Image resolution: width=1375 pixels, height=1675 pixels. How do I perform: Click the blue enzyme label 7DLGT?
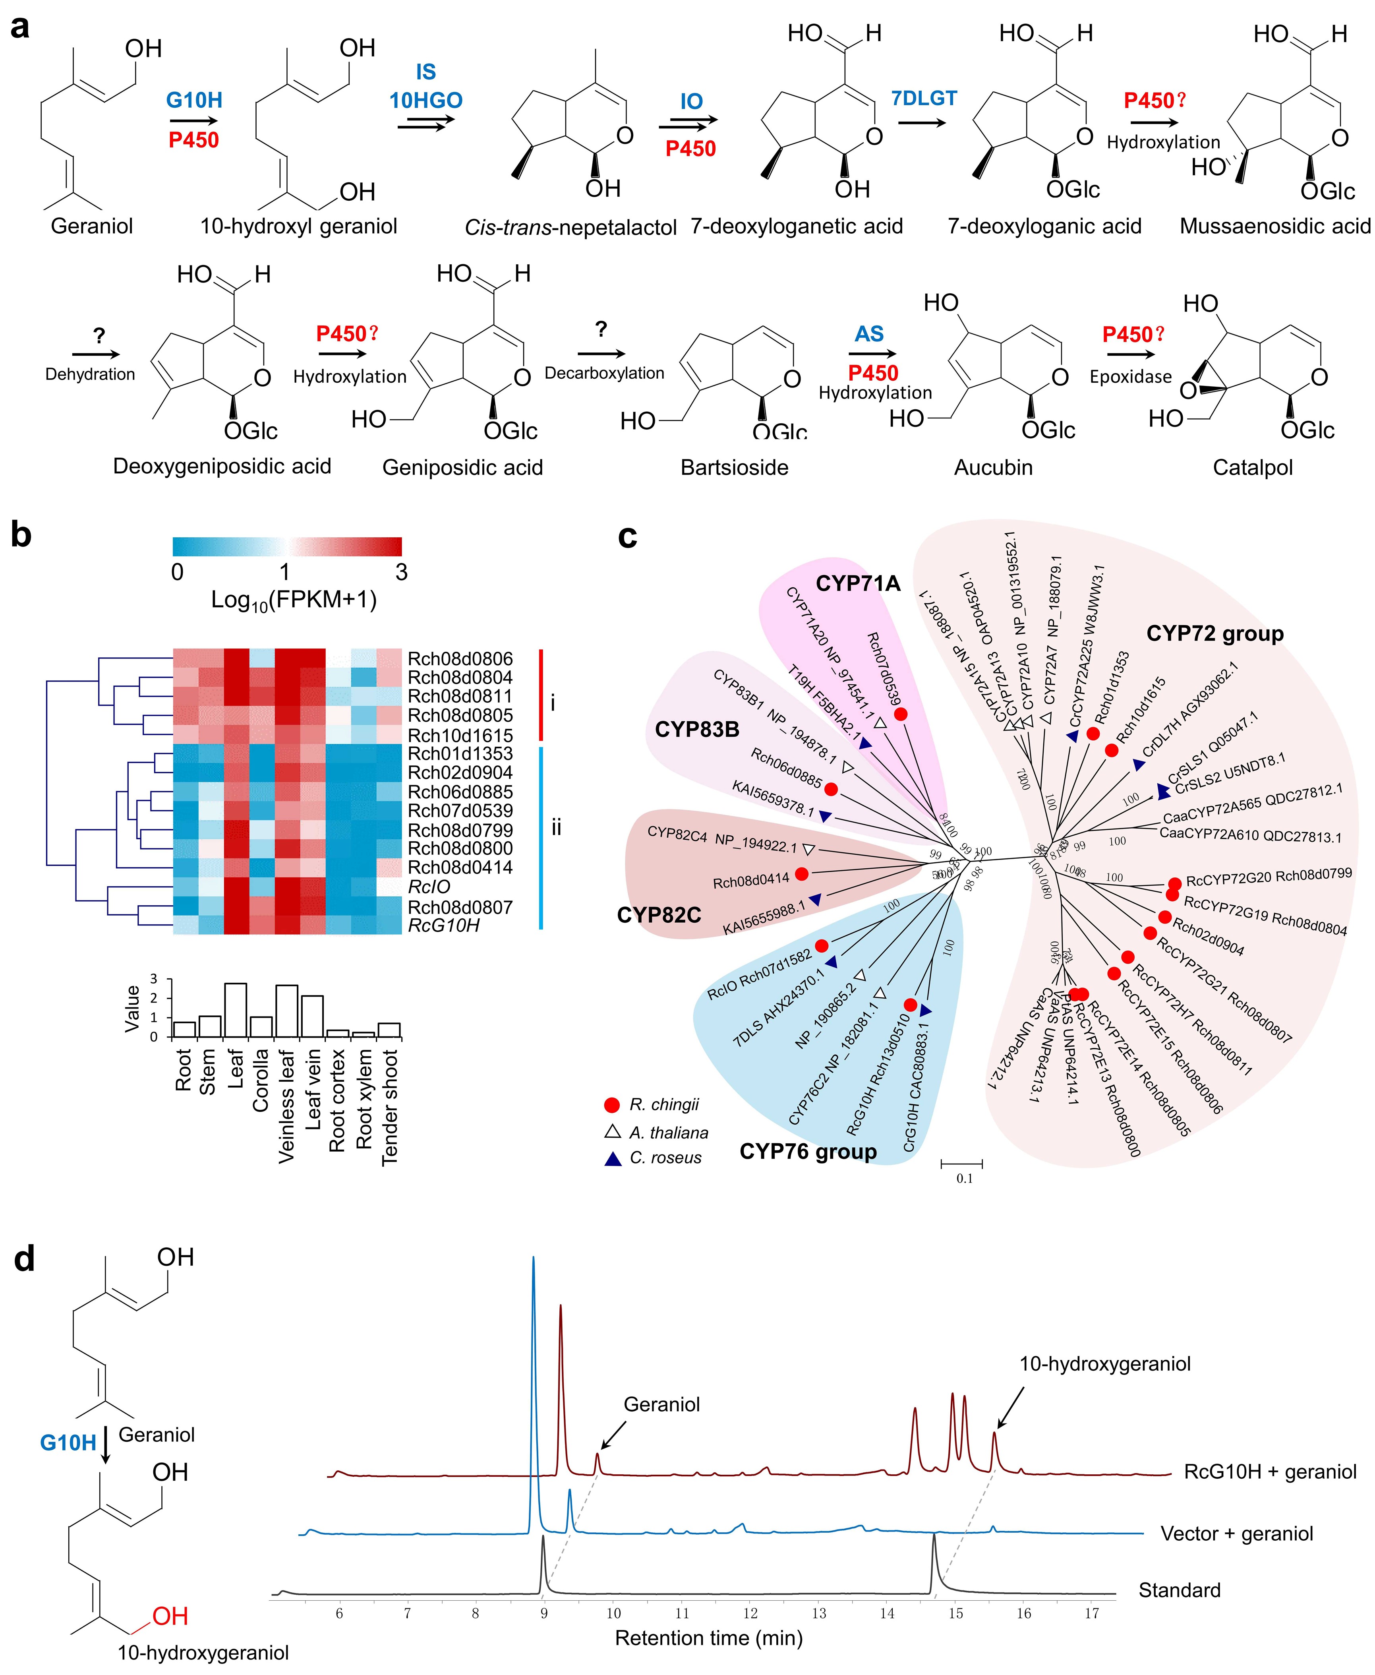pyautogui.click(x=924, y=98)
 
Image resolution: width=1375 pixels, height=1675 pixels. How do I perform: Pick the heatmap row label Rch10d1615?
pyautogui.click(x=460, y=735)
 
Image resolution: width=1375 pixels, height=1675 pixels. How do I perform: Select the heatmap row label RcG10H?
pyautogui.click(x=443, y=926)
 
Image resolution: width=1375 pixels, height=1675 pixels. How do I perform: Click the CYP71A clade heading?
pyautogui.click(x=858, y=584)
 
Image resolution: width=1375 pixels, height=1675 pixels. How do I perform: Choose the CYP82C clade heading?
pyautogui.click(x=659, y=915)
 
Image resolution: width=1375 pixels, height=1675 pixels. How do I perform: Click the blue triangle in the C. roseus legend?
pyautogui.click(x=612, y=1158)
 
